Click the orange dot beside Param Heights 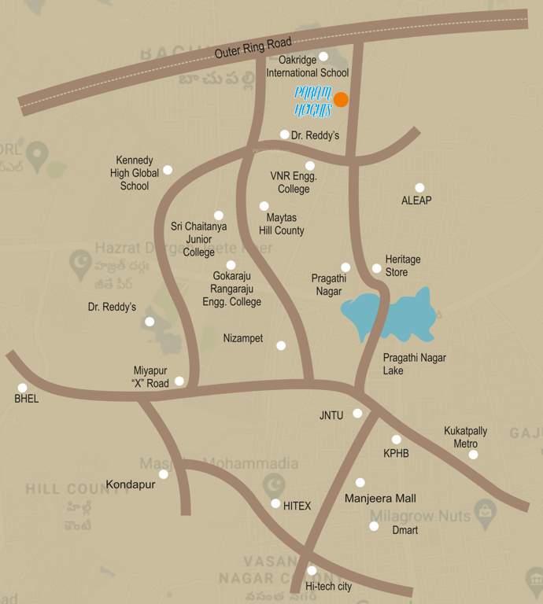341,99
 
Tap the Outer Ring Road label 253,48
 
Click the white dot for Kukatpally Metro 473,455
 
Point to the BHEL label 26,399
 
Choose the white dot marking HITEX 275,503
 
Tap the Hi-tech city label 328,587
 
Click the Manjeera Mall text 380,499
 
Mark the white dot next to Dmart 374,526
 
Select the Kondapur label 131,484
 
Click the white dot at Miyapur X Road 179,381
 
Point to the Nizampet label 243,338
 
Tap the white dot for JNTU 357,413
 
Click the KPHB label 396,454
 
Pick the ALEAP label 416,201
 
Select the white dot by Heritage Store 376,268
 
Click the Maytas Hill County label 281,224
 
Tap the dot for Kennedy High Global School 167,170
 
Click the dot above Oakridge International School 323,57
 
